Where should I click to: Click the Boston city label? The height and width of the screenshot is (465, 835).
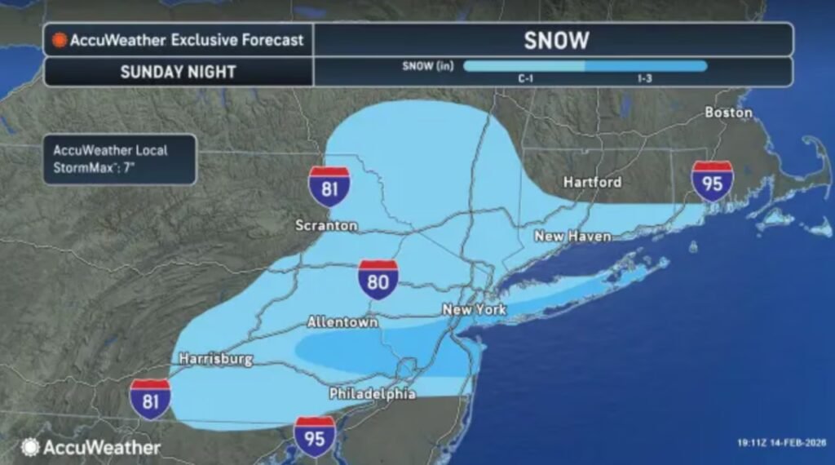click(x=728, y=112)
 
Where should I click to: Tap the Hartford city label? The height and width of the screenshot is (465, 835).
click(x=592, y=182)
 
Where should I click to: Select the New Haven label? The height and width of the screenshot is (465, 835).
click(x=572, y=236)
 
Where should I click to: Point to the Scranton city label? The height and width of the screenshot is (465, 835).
click(x=327, y=225)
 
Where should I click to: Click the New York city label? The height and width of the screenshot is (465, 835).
click(x=474, y=310)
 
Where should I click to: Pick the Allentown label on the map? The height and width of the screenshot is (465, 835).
click(x=342, y=322)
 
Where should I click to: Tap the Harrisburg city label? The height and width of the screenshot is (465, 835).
click(x=216, y=358)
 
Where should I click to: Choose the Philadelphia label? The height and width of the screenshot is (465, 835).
click(x=373, y=394)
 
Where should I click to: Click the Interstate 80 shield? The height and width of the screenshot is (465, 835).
click(x=378, y=280)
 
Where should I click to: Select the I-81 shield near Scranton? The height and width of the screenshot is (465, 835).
click(x=329, y=186)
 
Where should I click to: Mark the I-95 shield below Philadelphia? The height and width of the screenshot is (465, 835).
click(x=315, y=436)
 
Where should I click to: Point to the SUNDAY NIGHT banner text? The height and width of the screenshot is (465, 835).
click(x=179, y=72)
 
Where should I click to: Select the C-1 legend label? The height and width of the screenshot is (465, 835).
click(x=525, y=78)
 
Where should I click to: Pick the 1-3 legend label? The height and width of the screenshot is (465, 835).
click(x=645, y=78)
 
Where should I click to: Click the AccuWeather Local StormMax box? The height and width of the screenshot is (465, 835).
click(x=120, y=159)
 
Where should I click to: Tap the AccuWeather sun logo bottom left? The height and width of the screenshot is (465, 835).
click(x=30, y=447)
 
